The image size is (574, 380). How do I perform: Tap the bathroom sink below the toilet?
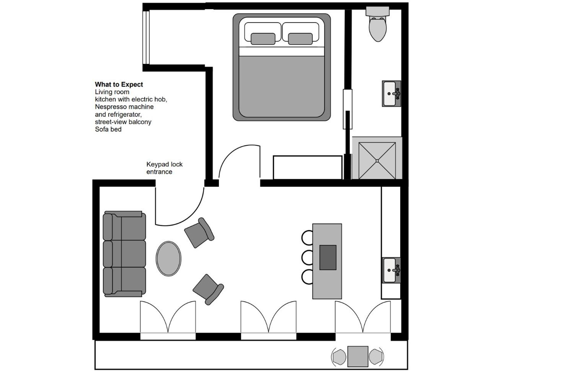[x=391, y=94]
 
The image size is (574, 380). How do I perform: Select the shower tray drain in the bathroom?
[x=377, y=161]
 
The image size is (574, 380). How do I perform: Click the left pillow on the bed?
[x=263, y=39]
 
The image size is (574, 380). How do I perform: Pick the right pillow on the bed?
[x=300, y=39]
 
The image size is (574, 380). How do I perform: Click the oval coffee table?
[x=168, y=259]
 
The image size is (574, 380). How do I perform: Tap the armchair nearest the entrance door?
[x=199, y=233]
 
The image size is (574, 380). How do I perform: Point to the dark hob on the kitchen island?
[x=328, y=257]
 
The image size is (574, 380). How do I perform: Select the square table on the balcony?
[x=358, y=356]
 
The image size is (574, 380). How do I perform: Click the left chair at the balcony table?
[x=339, y=357]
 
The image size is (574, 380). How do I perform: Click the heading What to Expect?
[x=119, y=85]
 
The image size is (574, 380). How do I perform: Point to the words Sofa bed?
[x=108, y=129]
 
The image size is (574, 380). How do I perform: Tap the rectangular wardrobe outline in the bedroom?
[x=307, y=167]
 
